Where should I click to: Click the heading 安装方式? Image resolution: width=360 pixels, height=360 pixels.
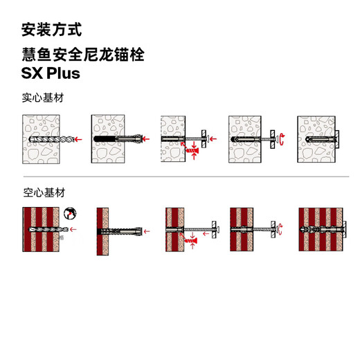coord(51,30)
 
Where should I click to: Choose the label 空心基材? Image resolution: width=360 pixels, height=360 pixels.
coord(44,192)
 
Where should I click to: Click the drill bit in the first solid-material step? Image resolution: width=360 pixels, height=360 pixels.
coord(48,139)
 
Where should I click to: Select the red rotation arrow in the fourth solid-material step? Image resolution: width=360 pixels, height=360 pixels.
coord(282,140)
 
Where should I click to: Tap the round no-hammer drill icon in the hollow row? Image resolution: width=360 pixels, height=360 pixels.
coord(70,215)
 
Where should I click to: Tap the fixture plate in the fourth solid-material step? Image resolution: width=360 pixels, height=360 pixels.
coord(271,139)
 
